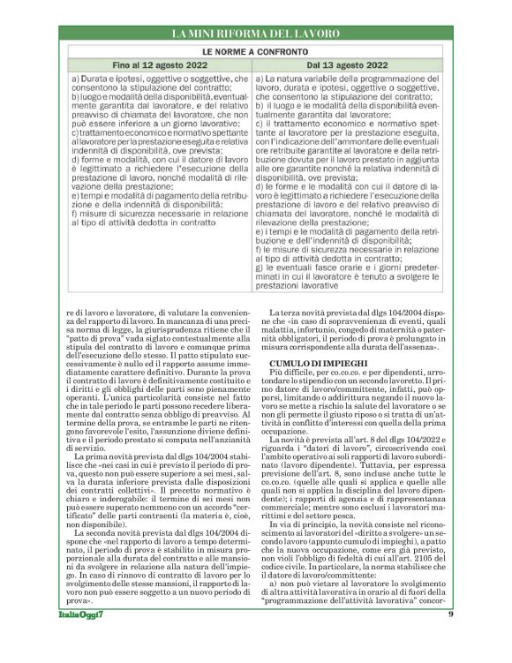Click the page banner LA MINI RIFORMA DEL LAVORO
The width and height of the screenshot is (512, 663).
pos(256,34)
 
